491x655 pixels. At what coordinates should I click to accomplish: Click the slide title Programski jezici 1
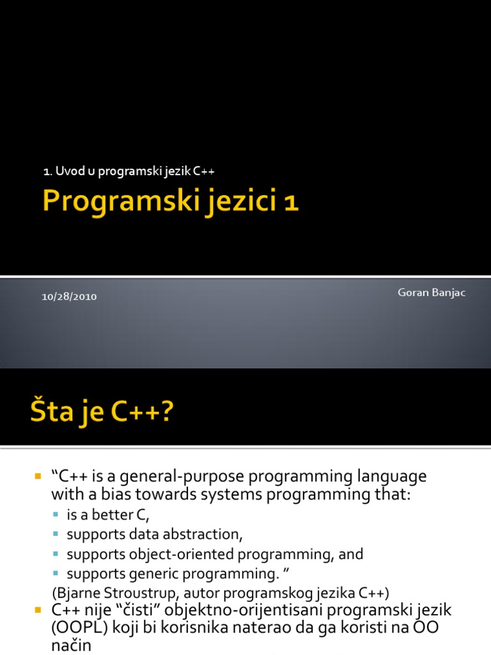tap(170, 203)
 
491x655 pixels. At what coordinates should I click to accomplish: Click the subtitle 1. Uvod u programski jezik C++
tap(133, 171)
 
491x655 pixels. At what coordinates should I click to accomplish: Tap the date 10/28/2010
tap(70, 297)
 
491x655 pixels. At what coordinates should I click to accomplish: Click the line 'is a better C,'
tap(107, 515)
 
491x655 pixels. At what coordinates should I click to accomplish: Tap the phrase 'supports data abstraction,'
tap(155, 534)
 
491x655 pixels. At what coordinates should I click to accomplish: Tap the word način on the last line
tap(72, 646)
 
